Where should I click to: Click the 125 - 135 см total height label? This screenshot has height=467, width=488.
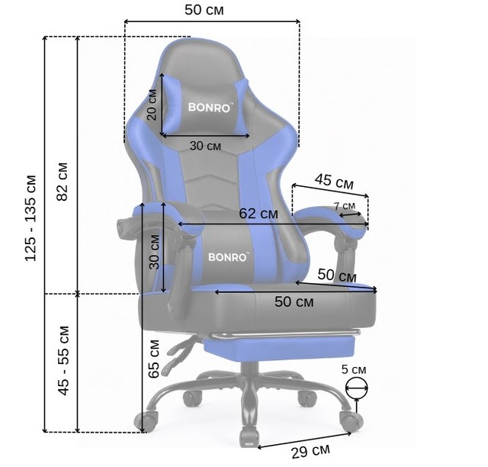point(31,218)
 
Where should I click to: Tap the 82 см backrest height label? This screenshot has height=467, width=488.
point(63,182)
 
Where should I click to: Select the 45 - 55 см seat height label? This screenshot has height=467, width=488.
point(64,360)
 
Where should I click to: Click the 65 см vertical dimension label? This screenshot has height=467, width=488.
point(154,359)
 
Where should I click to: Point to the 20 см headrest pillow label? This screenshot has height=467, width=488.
point(152,105)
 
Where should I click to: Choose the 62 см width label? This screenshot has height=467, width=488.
point(258,214)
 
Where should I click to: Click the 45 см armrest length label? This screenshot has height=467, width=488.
point(334,182)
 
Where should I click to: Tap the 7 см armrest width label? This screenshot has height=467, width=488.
point(344,206)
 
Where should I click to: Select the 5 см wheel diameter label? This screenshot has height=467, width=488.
point(354,370)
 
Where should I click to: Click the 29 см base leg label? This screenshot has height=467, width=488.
point(310,451)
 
